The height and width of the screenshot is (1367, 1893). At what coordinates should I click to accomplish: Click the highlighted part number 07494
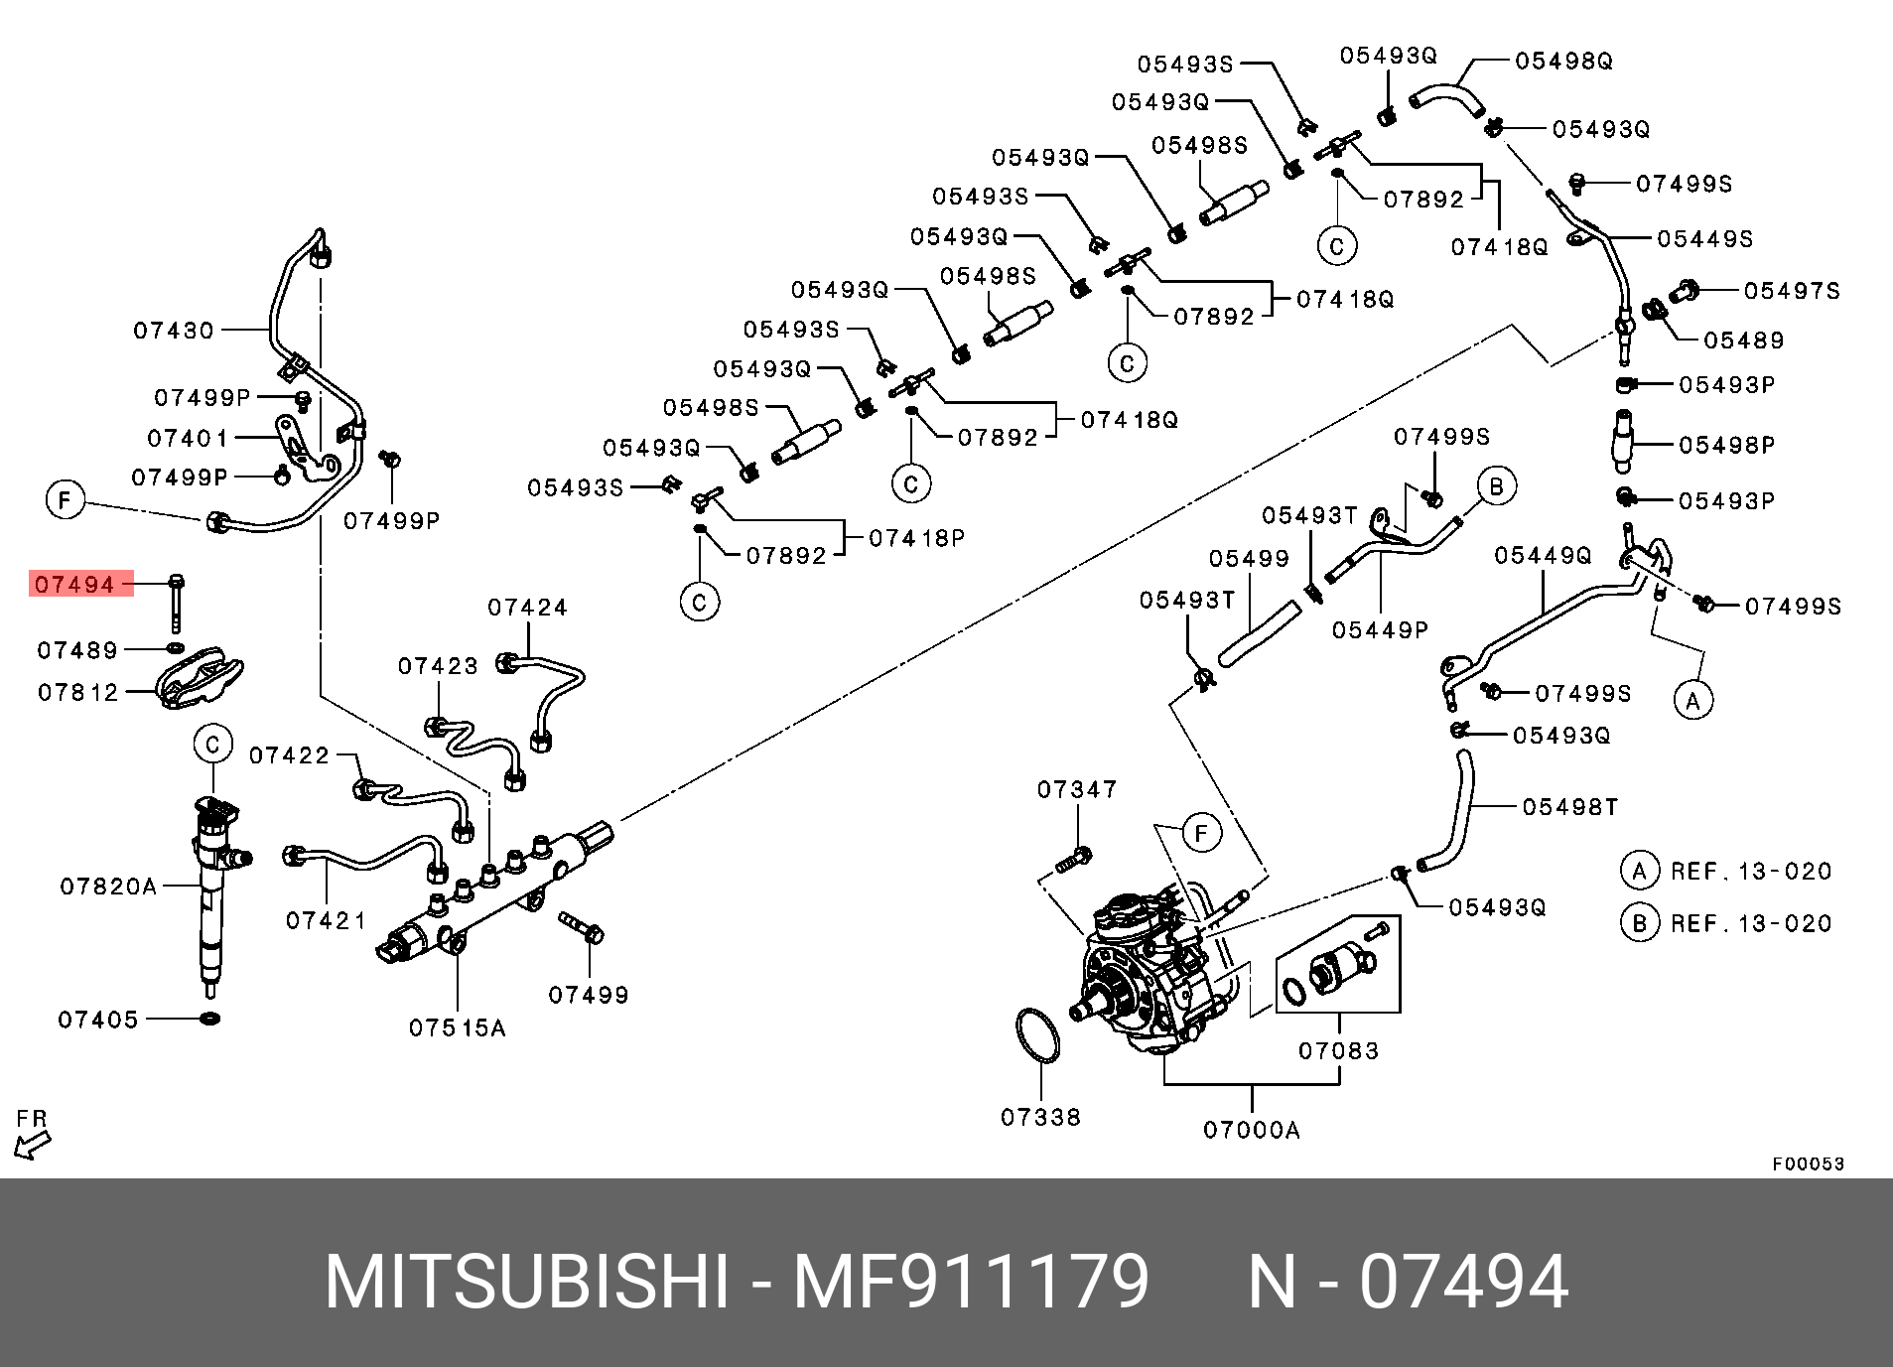click(75, 584)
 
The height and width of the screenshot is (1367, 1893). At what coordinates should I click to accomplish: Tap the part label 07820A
click(108, 887)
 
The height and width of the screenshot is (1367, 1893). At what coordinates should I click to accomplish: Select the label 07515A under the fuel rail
click(457, 1028)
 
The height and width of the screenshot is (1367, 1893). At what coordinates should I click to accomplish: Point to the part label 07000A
click(1251, 1130)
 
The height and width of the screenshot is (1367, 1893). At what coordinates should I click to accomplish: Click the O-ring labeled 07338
click(1038, 1036)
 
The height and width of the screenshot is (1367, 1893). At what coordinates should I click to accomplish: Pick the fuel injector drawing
click(212, 893)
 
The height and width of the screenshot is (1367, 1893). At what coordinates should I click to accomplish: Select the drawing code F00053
click(1808, 1163)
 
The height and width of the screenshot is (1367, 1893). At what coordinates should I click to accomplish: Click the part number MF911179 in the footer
click(970, 1282)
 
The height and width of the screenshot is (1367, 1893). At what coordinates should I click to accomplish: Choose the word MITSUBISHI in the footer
click(527, 1282)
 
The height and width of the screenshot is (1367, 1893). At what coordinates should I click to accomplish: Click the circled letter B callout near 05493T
click(1496, 486)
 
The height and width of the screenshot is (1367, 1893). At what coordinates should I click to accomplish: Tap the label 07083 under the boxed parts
click(1338, 1050)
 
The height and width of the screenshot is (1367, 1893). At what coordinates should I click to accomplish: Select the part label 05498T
click(1569, 807)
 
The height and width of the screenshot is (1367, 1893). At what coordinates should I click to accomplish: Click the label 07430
click(174, 331)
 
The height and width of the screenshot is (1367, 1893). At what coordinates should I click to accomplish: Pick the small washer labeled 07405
click(209, 1018)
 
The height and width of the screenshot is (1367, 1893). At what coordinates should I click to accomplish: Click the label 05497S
click(1792, 291)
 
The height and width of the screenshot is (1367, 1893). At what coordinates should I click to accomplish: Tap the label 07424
click(527, 608)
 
